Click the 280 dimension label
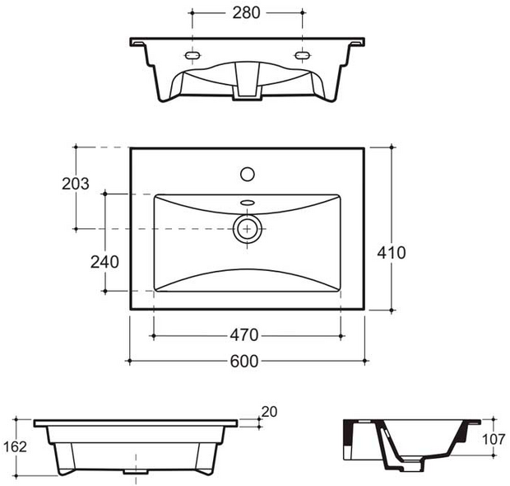246,12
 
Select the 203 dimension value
76,184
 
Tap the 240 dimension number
104,262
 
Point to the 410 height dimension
392,253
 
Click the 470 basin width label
245,335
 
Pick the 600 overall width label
245,362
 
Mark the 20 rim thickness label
269,411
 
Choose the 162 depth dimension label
16,447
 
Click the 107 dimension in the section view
494,440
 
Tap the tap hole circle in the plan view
247,174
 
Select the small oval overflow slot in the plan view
247,202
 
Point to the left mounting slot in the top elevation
193,55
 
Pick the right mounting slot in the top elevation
302,55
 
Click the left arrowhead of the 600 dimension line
130,361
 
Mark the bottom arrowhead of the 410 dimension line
392,308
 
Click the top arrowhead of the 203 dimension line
76,148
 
